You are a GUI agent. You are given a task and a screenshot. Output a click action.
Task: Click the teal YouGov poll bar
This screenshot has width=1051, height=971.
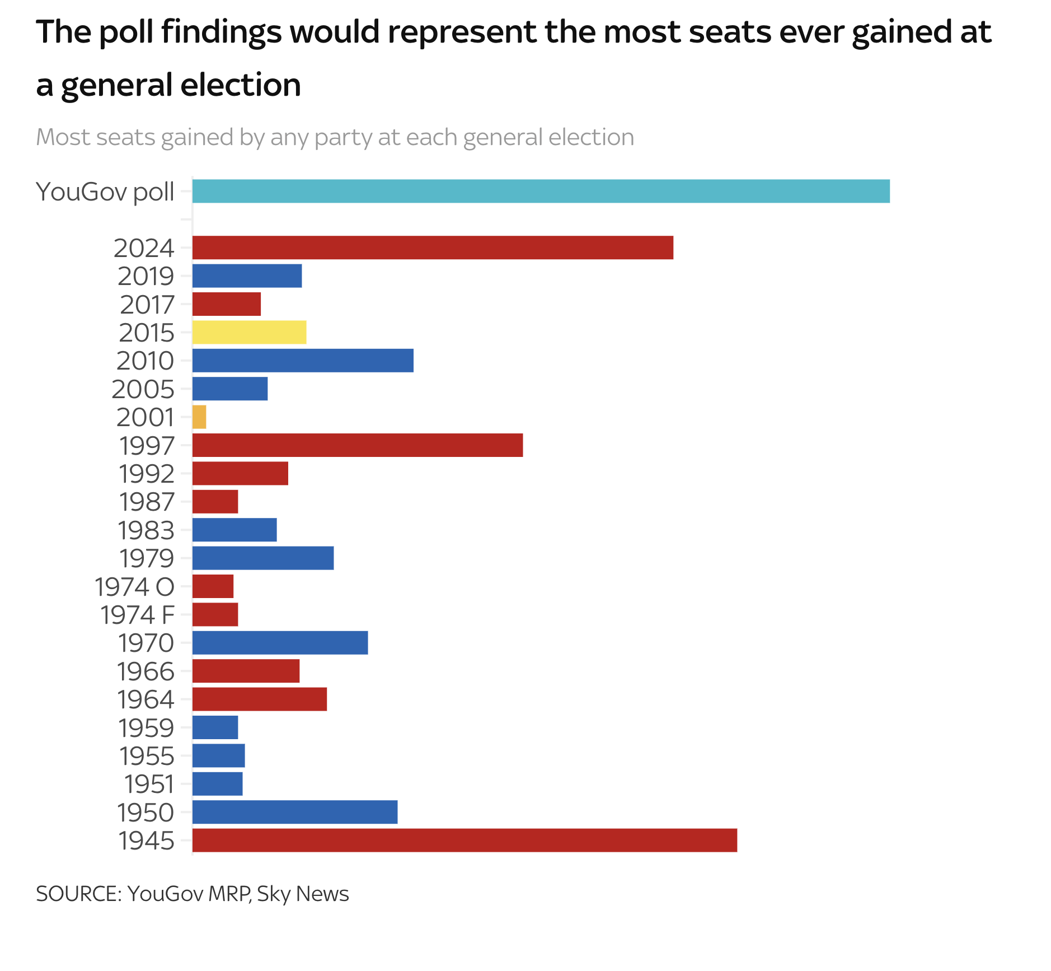pyautogui.click(x=541, y=191)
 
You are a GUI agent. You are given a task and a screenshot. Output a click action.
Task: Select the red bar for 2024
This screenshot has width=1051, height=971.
pyautogui.click(x=433, y=248)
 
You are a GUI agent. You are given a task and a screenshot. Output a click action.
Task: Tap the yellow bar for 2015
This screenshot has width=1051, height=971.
pyautogui.click(x=249, y=332)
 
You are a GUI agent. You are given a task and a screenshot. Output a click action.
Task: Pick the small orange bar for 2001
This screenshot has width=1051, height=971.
pyautogui.click(x=199, y=417)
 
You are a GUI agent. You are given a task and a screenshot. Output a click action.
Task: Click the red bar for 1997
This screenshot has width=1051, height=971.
pyautogui.click(x=358, y=445)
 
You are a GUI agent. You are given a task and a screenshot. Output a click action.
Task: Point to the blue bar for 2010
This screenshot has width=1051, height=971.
pyautogui.click(x=303, y=361)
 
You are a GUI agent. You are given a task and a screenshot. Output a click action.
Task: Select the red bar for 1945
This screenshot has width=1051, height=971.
pyautogui.click(x=464, y=840)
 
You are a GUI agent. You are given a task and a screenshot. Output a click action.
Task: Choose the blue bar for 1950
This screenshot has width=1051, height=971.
pyautogui.click(x=295, y=812)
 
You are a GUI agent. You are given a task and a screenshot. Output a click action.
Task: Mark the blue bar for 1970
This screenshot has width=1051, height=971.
pyautogui.click(x=280, y=643)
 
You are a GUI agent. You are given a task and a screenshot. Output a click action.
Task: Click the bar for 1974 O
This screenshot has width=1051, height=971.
pyautogui.click(x=213, y=586)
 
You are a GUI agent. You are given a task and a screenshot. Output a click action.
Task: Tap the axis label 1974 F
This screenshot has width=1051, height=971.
pyautogui.click(x=138, y=615)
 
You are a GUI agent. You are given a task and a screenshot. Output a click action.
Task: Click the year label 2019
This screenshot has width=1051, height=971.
pyautogui.click(x=146, y=276)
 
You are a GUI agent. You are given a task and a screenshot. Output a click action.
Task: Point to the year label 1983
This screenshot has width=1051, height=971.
pyautogui.click(x=146, y=530)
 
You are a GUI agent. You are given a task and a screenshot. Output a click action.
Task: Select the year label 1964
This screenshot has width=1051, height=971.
pyautogui.click(x=146, y=699)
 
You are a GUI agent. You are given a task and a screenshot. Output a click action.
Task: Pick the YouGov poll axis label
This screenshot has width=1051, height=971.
pyautogui.click(x=105, y=192)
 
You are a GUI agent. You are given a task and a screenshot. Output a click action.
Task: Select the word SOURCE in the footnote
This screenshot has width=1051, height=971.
pyautogui.click(x=78, y=894)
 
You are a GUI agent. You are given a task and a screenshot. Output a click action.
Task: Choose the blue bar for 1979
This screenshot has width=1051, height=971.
pyautogui.click(x=263, y=558)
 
